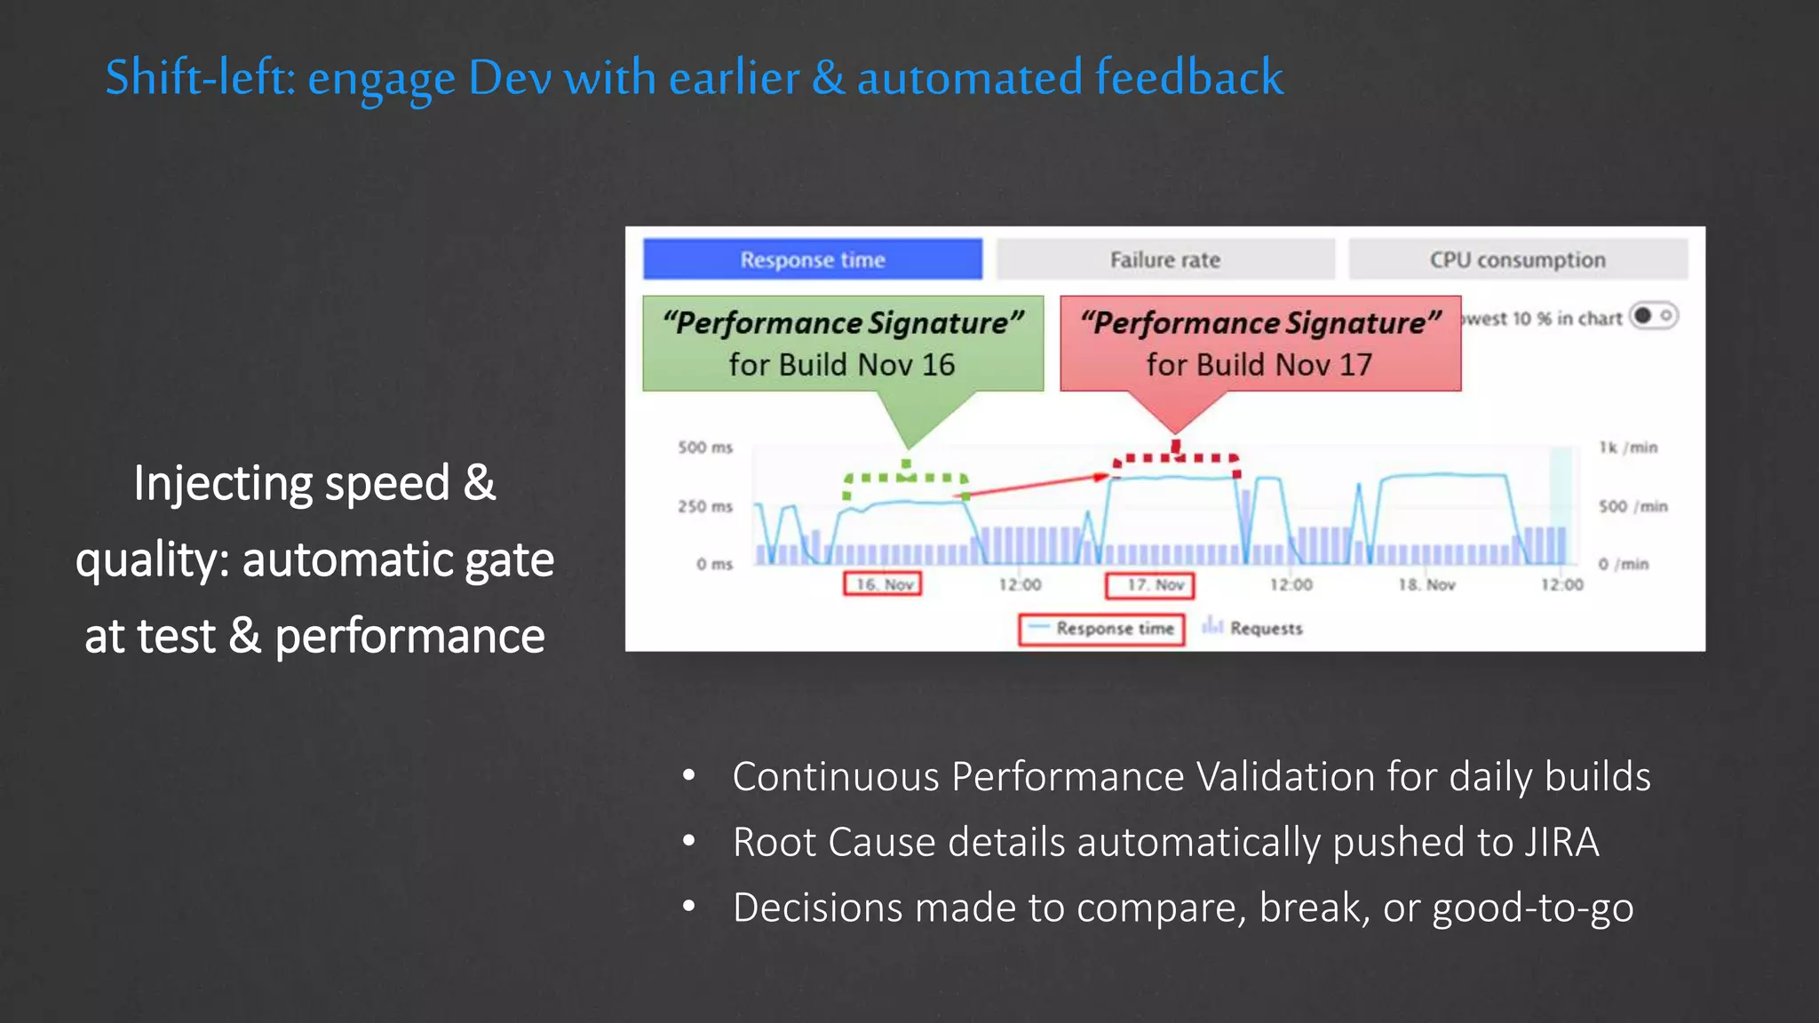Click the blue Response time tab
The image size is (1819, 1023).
tap(812, 259)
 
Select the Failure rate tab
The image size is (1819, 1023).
tap(1164, 259)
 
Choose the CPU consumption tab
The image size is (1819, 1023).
tap(1517, 259)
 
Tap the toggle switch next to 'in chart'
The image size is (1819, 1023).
tap(1653, 316)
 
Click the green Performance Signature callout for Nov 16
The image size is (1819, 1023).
tap(842, 344)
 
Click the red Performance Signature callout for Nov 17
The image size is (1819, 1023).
tap(1259, 344)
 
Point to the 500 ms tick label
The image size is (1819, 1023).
tap(705, 448)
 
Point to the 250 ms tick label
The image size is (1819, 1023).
tap(705, 506)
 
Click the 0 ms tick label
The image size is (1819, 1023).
tap(714, 564)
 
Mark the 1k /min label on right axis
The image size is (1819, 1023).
tap(1628, 448)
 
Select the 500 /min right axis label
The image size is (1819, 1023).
tap(1632, 506)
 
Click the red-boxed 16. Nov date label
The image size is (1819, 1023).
tap(883, 584)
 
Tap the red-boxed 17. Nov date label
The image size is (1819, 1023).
tap(1149, 584)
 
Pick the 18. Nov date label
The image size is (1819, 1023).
tap(1426, 584)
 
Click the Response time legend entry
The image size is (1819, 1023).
tap(1101, 629)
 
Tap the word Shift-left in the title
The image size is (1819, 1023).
tap(200, 77)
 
